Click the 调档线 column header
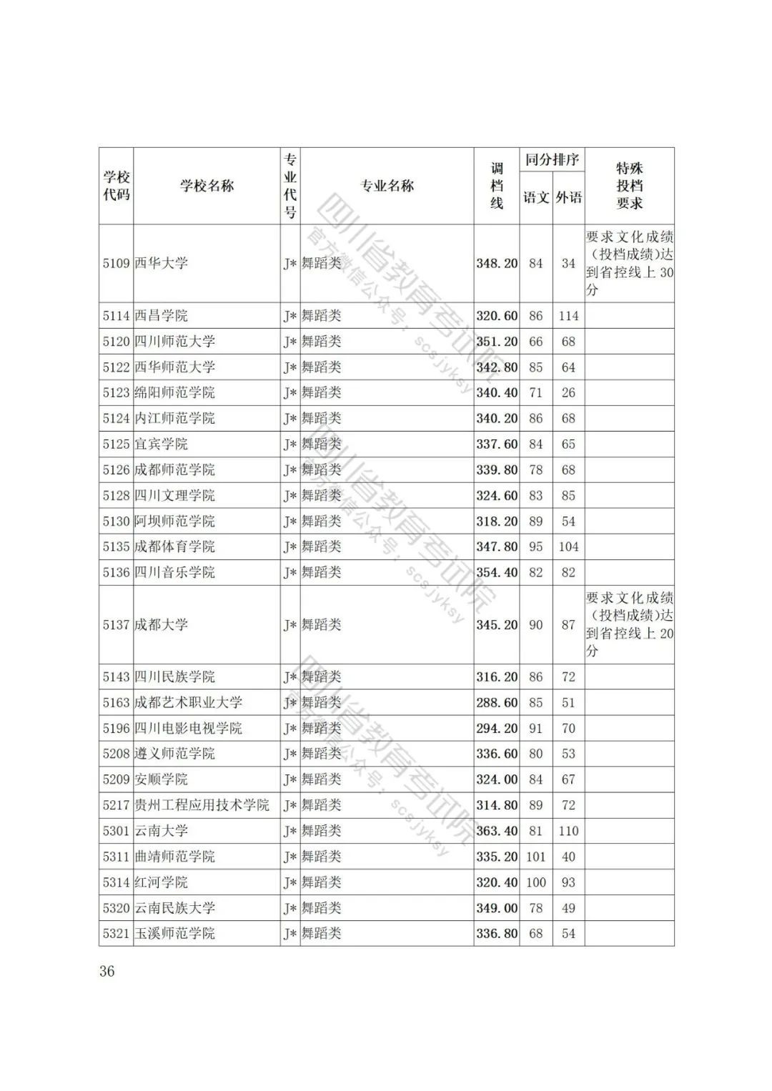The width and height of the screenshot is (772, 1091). (x=496, y=186)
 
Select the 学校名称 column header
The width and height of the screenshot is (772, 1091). (x=207, y=186)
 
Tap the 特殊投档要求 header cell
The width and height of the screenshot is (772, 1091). (x=629, y=186)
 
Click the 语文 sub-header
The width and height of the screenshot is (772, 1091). (x=535, y=198)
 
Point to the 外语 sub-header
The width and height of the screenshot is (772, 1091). (x=568, y=198)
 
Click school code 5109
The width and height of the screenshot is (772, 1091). (x=116, y=264)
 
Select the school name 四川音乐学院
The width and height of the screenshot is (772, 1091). (x=174, y=572)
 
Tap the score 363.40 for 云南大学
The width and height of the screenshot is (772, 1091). (x=497, y=831)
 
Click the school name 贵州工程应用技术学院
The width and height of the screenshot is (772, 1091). (x=202, y=805)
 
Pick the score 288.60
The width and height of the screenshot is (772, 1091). (x=497, y=702)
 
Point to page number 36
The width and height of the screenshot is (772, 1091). (x=107, y=971)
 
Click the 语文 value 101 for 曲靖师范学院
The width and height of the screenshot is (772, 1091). (x=535, y=857)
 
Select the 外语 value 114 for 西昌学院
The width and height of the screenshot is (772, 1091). (x=568, y=316)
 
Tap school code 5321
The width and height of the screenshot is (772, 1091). (x=116, y=934)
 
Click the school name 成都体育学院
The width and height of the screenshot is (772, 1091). (x=174, y=547)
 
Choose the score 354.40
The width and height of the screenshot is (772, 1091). (x=497, y=572)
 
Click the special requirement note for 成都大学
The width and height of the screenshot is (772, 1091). (x=629, y=624)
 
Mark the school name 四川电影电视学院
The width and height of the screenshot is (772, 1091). (x=188, y=728)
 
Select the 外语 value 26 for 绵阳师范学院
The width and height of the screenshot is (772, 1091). (x=568, y=392)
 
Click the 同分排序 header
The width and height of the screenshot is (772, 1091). (x=552, y=159)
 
